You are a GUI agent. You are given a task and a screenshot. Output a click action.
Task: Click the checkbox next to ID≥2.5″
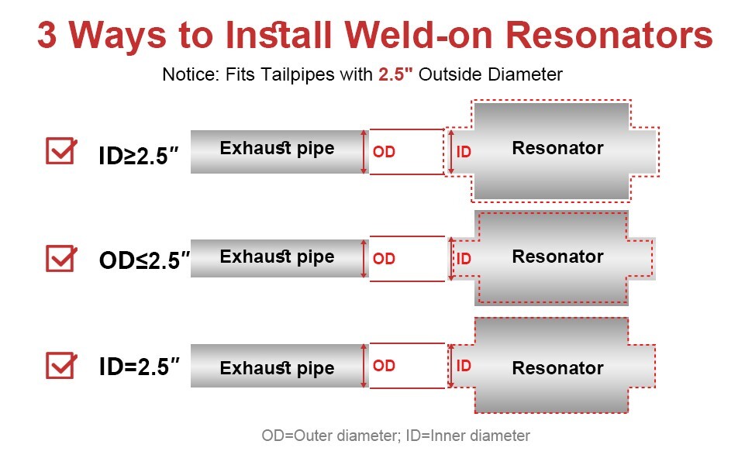(x=61, y=150)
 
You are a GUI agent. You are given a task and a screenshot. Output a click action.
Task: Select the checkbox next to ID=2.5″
(x=61, y=365)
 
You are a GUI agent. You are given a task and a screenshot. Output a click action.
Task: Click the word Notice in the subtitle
(x=186, y=75)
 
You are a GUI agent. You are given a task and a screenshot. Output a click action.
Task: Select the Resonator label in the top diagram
(x=557, y=147)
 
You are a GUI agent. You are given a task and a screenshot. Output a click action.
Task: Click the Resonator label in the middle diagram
(x=557, y=257)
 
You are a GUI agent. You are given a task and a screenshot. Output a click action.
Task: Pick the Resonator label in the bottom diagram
(x=557, y=368)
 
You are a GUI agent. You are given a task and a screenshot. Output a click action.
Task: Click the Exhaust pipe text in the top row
(x=277, y=148)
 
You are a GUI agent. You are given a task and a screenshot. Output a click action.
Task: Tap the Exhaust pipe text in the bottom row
(x=277, y=368)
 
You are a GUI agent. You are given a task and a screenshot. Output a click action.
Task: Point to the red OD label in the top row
(x=384, y=152)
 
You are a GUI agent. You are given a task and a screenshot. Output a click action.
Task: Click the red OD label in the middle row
(x=384, y=259)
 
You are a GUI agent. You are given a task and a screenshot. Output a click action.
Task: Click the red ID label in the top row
(x=464, y=152)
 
